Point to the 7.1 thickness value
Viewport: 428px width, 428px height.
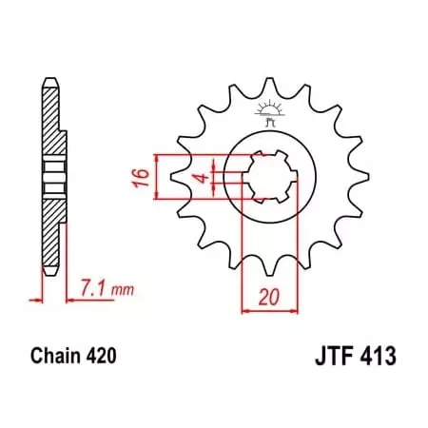(92, 284)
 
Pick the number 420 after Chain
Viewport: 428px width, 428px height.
(100, 359)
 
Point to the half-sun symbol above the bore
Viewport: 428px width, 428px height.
(265, 111)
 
